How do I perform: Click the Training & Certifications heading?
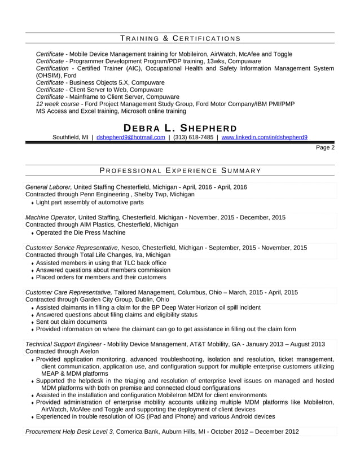pyautogui.click(x=180, y=38)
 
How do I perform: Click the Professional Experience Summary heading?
pyautogui.click(x=180, y=170)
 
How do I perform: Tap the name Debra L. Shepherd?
pyautogui.click(x=180, y=128)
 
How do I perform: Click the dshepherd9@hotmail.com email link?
pyautogui.click(x=131, y=137)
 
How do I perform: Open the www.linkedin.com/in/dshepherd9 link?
pyautogui.click(x=264, y=137)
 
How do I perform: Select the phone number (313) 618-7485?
pyautogui.click(x=193, y=137)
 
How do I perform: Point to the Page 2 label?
pyautogui.click(x=325, y=148)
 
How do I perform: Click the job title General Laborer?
pyautogui.click(x=49, y=187)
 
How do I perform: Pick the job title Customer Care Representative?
pyautogui.click(x=69, y=292)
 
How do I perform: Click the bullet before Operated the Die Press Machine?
pyautogui.click(x=33, y=233)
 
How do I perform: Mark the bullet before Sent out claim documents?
pyautogui.click(x=33, y=322)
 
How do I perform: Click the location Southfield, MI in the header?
pyautogui.click(x=70, y=137)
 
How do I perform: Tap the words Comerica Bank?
pyautogui.click(x=141, y=432)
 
